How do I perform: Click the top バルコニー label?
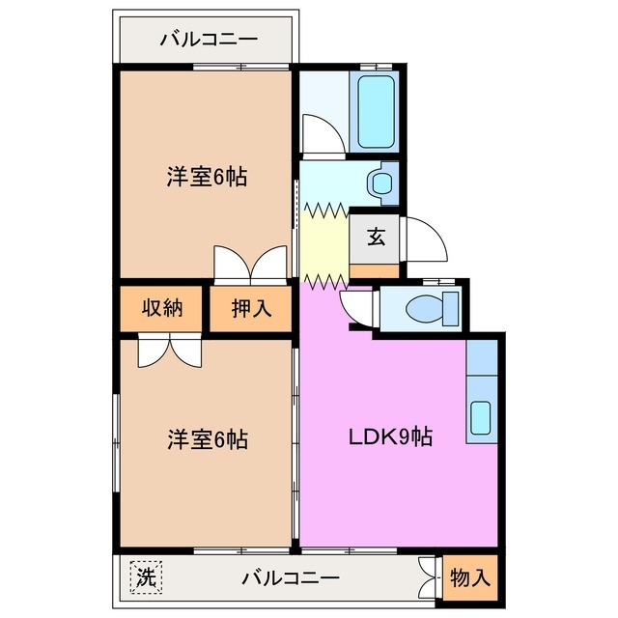(208, 41)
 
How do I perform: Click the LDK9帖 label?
(390, 436)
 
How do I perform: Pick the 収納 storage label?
(162, 309)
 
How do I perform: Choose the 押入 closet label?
(251, 309)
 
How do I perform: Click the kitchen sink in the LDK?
(480, 417)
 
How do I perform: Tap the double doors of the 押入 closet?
(251, 266)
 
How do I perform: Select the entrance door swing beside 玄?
(425, 239)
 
